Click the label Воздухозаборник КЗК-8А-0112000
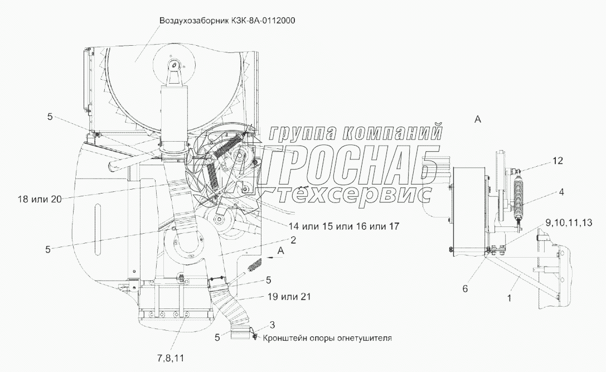pos(227,21)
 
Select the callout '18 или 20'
pos(40,200)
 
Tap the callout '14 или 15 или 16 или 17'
pos(343,226)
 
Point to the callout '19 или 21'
pos(288,297)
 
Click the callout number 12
pos(557,161)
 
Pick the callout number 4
pos(561,192)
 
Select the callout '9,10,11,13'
pos(569,223)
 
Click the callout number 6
pos(466,289)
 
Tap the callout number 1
pos(510,298)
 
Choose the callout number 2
pos(293,240)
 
